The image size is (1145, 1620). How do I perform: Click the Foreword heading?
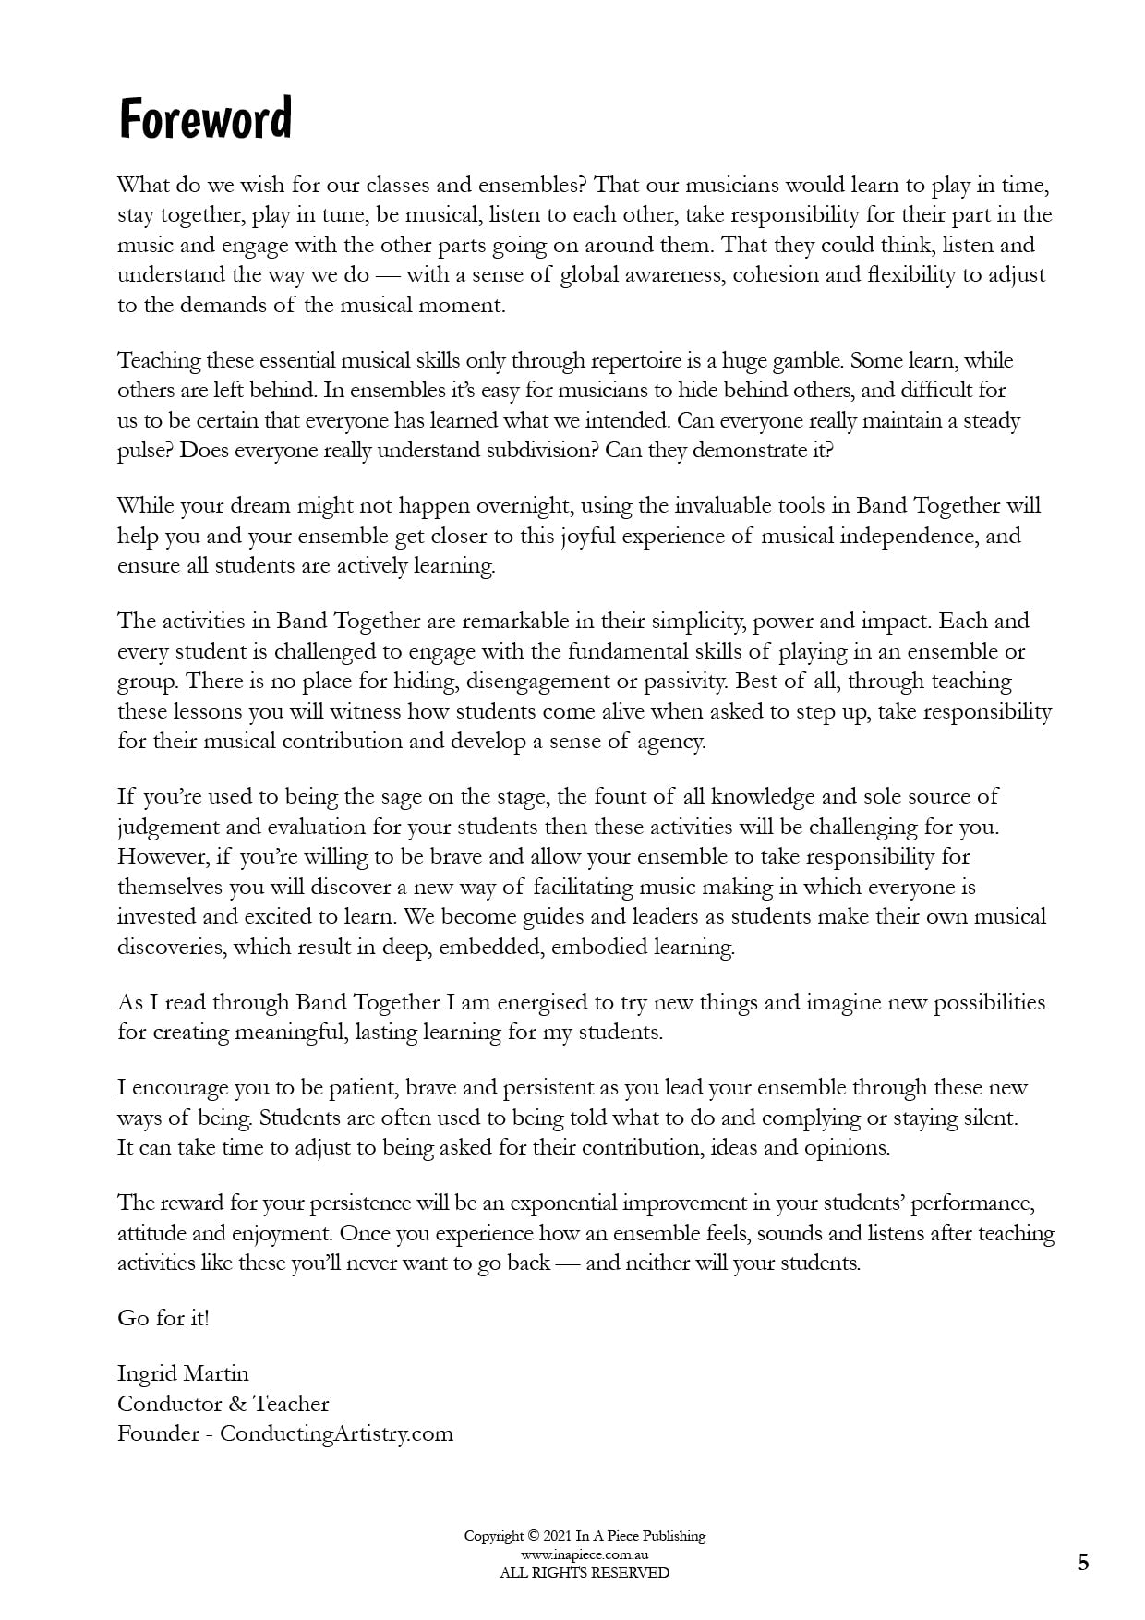(205, 119)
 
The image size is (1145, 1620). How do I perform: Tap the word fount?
(621, 797)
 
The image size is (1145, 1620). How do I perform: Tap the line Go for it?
(163, 1319)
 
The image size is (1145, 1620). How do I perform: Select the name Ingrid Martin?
(183, 1374)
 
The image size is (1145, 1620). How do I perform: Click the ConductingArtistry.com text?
(336, 1434)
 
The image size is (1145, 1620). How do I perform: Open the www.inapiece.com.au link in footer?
(585, 1554)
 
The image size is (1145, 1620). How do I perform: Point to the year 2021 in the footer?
(558, 1537)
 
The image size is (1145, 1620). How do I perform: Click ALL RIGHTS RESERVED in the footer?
(585, 1573)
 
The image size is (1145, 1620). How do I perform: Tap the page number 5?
(1083, 1563)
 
